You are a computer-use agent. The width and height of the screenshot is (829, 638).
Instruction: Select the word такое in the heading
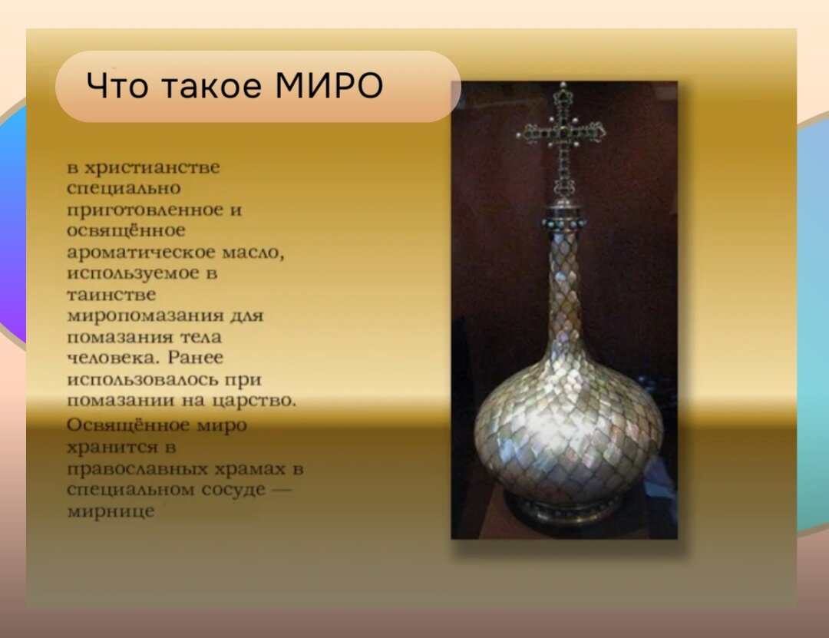click(206, 86)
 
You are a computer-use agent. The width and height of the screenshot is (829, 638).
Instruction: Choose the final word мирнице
click(111, 511)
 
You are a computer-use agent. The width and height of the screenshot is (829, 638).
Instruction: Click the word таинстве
click(111, 295)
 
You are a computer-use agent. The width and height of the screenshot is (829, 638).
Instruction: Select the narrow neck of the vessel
click(565, 292)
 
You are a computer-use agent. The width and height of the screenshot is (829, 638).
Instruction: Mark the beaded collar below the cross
click(565, 223)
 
